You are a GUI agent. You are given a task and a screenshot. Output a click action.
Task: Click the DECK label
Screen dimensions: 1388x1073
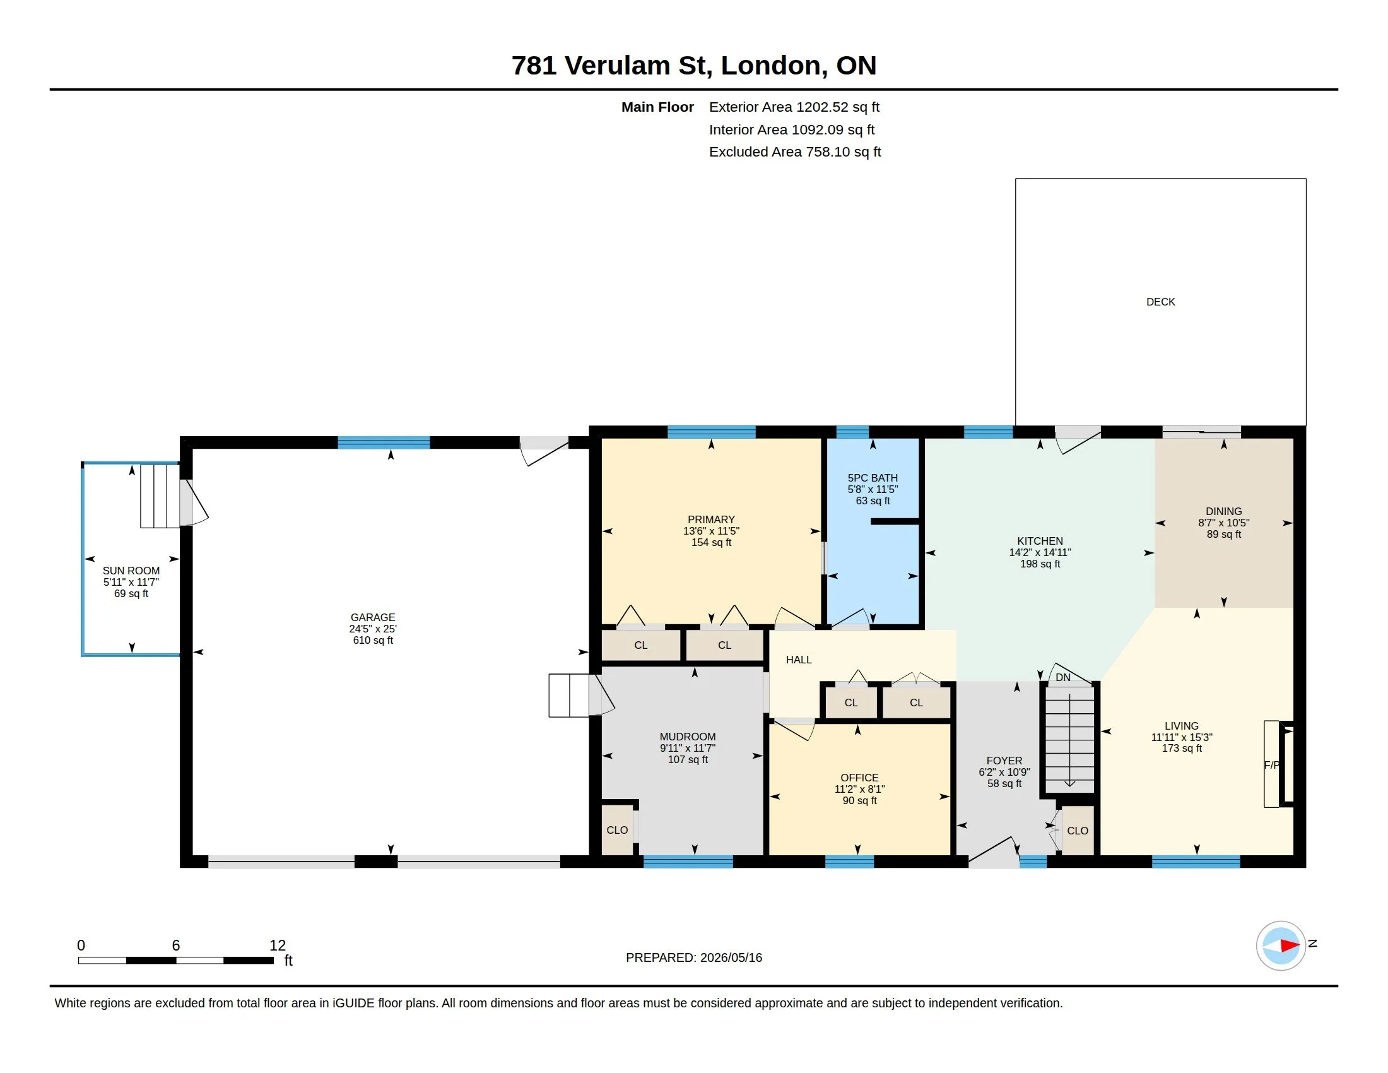[x=1160, y=302]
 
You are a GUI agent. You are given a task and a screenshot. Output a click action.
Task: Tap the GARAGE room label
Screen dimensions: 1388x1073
[x=373, y=617]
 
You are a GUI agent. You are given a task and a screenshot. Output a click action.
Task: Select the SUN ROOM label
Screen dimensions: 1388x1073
[x=131, y=571]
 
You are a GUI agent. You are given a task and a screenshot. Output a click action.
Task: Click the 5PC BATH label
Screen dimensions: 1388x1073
[x=873, y=478]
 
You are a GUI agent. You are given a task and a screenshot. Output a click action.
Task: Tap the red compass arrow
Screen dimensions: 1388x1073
[x=1290, y=946]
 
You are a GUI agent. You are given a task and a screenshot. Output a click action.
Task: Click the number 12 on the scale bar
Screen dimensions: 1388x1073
[x=278, y=946]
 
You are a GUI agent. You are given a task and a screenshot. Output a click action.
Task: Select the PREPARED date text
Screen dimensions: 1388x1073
[x=694, y=957]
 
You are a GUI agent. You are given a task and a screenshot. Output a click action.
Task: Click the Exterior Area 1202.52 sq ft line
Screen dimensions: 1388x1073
[x=794, y=107]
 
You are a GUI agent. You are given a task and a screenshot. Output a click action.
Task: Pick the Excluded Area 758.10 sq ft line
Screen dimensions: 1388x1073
[x=795, y=152]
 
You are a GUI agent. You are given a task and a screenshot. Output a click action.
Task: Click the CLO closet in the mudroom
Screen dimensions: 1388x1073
[x=617, y=830]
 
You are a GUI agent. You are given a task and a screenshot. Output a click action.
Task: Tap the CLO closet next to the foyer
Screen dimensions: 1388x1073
[x=1078, y=831]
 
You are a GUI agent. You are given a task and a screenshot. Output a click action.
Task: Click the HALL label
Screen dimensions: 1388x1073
[x=799, y=660]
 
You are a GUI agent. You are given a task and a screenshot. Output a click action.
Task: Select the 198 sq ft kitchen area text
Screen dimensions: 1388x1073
[x=1040, y=564]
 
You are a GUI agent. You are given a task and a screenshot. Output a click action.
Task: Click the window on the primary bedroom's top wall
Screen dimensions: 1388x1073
[x=712, y=432]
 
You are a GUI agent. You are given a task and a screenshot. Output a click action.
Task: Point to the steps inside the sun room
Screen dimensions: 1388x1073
[x=160, y=497]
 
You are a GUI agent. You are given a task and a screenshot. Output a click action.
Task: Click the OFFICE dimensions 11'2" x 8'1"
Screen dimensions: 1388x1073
[x=860, y=789]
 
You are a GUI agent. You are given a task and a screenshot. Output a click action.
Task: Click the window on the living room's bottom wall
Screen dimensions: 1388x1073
[x=1196, y=862]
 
